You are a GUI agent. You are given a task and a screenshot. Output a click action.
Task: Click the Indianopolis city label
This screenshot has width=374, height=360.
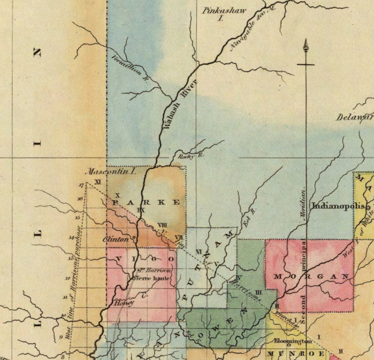pyautogui.click(x=338, y=206)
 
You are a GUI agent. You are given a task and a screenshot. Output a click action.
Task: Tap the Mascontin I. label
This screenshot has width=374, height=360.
pyautogui.click(x=110, y=171)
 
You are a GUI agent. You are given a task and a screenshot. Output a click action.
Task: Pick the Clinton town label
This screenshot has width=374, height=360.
pyautogui.click(x=116, y=239)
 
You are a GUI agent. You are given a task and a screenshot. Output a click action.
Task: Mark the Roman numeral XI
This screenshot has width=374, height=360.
pyautogui.click(x=97, y=181)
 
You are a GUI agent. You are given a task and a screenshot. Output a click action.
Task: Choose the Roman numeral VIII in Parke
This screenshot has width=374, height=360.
pyautogui.click(x=162, y=225)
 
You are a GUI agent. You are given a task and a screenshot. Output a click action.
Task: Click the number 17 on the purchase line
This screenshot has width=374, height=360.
pyautogui.click(x=81, y=185)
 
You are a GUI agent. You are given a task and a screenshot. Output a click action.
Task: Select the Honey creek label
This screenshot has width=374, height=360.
pyautogui.click(x=124, y=303)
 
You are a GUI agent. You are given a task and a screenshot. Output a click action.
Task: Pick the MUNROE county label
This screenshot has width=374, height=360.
pyautogui.click(x=296, y=354)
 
